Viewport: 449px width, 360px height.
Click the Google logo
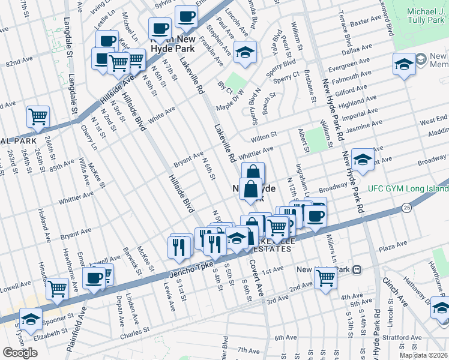[20, 353]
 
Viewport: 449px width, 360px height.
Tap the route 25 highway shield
[407, 208]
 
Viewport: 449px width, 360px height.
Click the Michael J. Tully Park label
[417, 17]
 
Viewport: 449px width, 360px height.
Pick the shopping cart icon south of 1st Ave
[325, 278]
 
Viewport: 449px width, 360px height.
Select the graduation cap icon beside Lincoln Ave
[245, 53]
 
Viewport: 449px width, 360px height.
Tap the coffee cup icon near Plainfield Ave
[94, 278]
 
